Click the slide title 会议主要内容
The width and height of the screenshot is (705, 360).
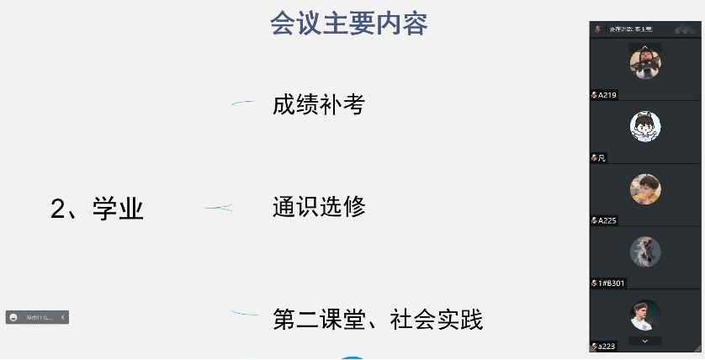(348, 23)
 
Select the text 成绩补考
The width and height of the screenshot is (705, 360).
(318, 104)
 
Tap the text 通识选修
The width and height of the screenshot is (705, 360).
(318, 206)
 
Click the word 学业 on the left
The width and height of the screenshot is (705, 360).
(118, 209)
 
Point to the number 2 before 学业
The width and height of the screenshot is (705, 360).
(58, 209)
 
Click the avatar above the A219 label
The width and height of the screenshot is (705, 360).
(645, 63)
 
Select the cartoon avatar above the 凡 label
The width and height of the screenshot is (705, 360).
(645, 126)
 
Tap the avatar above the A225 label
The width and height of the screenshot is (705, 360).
(645, 189)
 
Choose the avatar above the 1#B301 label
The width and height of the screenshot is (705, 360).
(645, 251)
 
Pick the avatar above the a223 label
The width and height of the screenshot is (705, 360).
(645, 315)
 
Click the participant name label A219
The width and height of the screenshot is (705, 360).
(607, 95)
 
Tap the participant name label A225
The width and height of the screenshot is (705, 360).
(607, 220)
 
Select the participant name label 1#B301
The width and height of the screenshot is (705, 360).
(611, 283)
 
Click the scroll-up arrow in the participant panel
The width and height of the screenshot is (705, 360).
(645, 47)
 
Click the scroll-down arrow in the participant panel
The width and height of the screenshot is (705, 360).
(645, 341)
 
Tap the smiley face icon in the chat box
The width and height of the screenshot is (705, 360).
(13, 317)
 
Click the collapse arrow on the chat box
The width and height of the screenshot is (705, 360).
(63, 317)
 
